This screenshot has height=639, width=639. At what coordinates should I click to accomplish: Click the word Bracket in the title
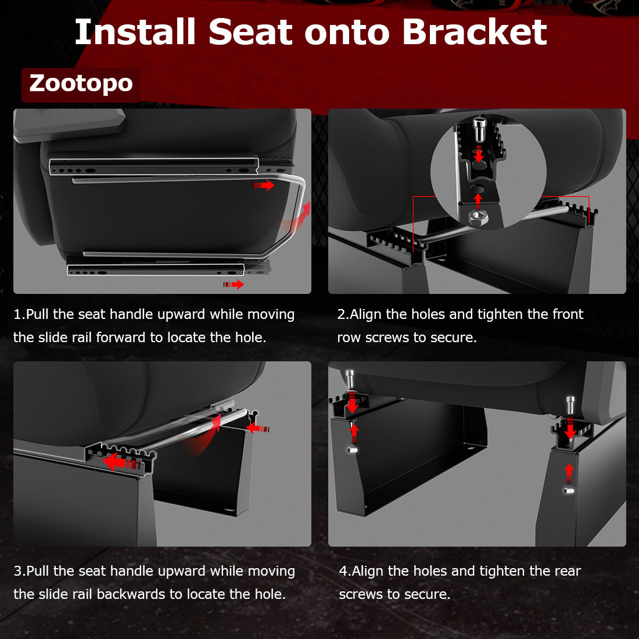[x=474, y=32]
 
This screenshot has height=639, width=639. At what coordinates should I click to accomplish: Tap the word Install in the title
[x=135, y=32]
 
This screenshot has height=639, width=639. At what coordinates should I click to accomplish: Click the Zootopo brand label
[x=81, y=84]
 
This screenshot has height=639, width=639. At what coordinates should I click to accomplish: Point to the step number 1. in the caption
[x=19, y=314]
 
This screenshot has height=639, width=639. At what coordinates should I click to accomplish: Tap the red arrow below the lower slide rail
[x=234, y=284]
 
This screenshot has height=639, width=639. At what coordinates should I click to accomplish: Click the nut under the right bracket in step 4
[x=569, y=491]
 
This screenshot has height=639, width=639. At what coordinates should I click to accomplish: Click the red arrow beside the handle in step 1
[x=263, y=185]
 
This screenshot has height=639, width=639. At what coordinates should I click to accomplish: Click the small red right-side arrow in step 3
[x=258, y=428]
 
